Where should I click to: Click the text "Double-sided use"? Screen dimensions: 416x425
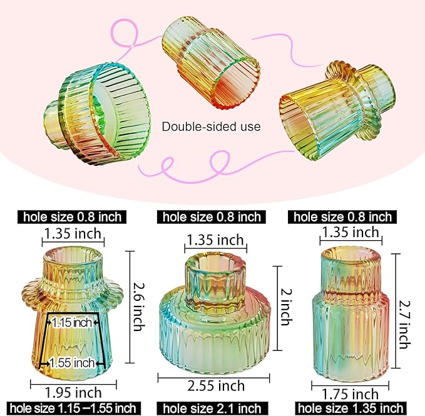click(x=211, y=126)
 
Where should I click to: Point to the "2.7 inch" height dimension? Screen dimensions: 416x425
click(x=405, y=315)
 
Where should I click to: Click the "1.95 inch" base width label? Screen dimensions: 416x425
click(x=73, y=392)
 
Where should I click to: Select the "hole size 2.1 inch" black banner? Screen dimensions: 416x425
click(x=212, y=409)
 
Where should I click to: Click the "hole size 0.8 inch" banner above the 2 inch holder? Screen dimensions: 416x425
click(x=212, y=217)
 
